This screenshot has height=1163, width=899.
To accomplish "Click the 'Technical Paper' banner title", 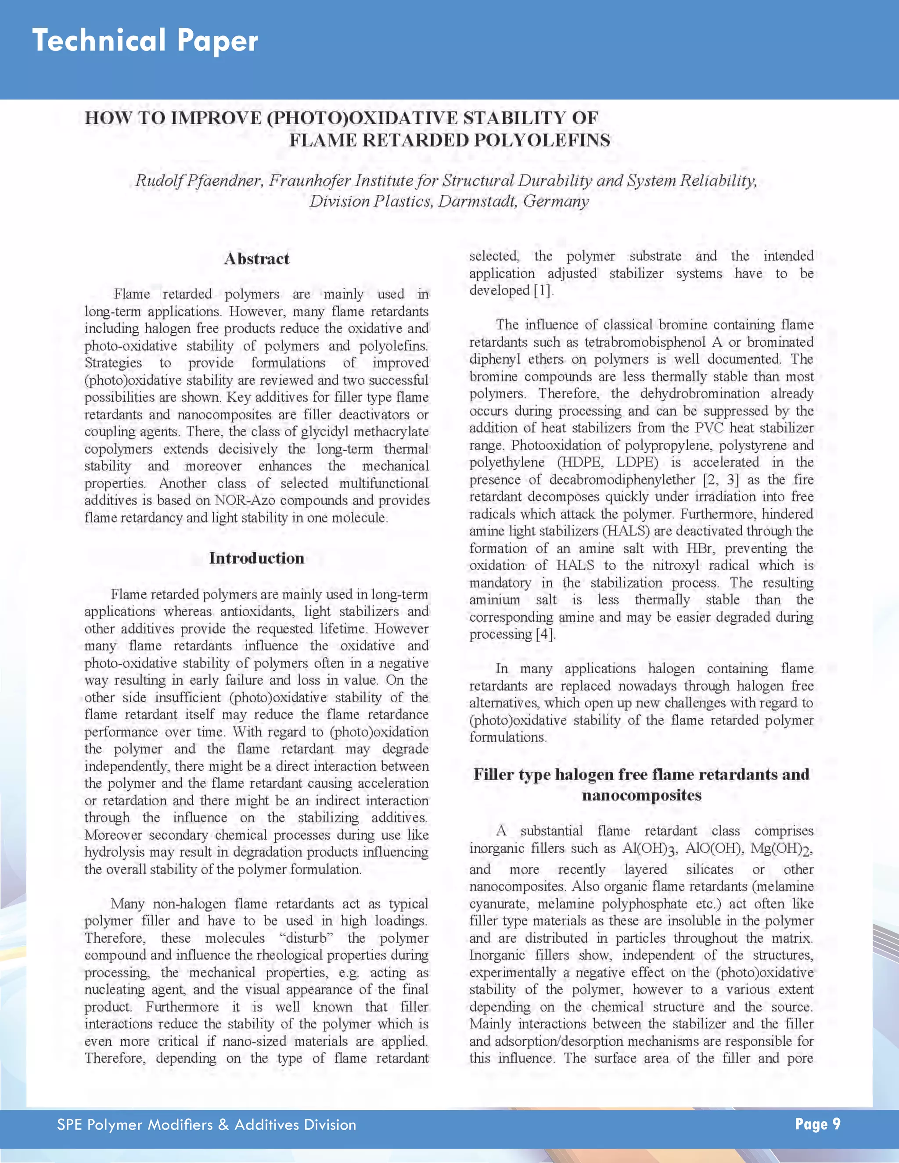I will click(145, 41).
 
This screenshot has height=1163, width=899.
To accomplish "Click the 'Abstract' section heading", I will click(257, 259).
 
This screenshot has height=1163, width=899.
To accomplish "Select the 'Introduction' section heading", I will click(257, 558).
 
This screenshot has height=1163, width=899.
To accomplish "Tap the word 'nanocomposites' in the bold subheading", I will click(641, 796).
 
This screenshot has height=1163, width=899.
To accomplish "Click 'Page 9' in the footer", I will click(817, 1124).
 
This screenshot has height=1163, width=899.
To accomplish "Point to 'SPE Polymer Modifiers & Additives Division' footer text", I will click(207, 1125).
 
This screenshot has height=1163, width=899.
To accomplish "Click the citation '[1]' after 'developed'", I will click(543, 291).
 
